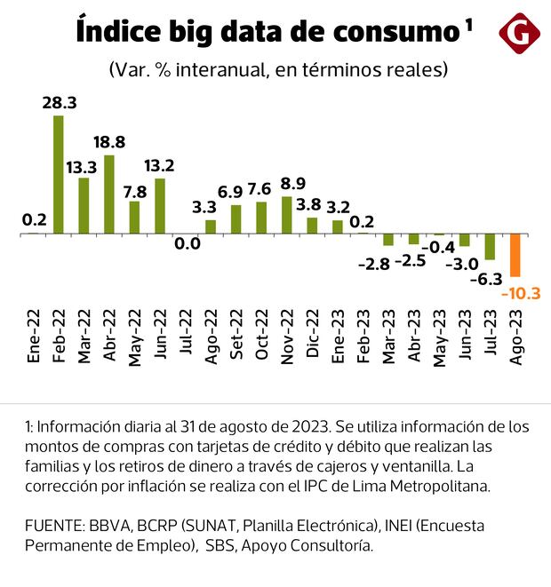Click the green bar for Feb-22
coord(59,175)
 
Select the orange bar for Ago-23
coord(515,256)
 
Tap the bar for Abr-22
coord(109,194)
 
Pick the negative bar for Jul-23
coord(490,248)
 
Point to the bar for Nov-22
coord(286,215)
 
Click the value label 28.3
coord(60,103)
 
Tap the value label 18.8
coord(109,142)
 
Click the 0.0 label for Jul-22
coord(187,242)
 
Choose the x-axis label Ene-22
coord(34,336)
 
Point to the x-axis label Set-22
coord(236,336)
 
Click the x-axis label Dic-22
coord(312,336)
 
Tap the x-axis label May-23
coord(438,335)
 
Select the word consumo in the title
coord(393,32)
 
